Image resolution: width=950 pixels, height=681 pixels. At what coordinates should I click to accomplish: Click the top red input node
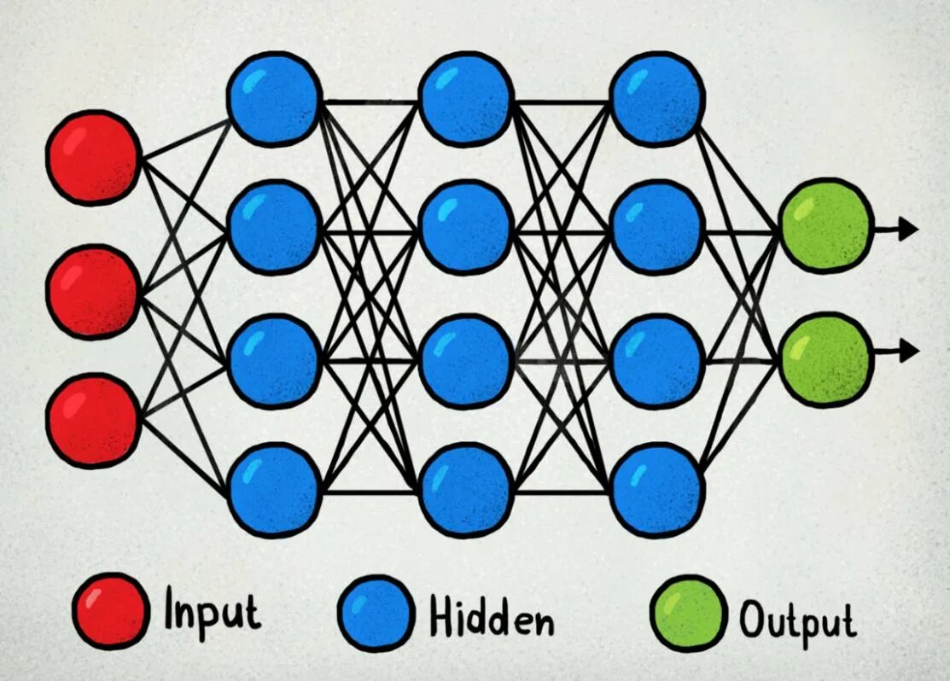click(x=94, y=158)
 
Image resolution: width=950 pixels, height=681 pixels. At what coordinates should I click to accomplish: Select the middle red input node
click(x=94, y=291)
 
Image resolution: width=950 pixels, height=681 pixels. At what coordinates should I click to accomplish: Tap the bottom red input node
click(x=94, y=420)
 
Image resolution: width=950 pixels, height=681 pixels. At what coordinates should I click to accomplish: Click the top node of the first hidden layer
click(x=274, y=97)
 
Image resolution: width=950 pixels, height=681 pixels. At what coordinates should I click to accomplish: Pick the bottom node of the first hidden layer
click(x=274, y=489)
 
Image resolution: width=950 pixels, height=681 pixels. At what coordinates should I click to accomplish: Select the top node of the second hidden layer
click(x=465, y=97)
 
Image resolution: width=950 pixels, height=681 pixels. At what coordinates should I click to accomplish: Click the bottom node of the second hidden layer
click(x=465, y=489)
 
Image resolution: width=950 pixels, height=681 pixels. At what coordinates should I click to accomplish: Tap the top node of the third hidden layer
click(x=657, y=97)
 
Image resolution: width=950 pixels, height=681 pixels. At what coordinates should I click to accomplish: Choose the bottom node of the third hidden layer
click(x=657, y=489)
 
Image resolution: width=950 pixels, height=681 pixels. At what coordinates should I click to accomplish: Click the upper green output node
click(x=826, y=226)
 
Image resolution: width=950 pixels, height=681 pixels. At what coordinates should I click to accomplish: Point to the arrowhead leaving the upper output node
click(x=908, y=229)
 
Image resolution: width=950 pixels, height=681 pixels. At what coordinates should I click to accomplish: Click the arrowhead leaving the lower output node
click(x=908, y=350)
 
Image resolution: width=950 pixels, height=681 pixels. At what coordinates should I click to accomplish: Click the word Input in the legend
click(x=212, y=612)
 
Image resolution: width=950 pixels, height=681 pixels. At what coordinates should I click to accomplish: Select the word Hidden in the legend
click(x=491, y=616)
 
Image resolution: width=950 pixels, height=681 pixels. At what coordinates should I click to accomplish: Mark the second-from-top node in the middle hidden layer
click(x=465, y=227)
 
